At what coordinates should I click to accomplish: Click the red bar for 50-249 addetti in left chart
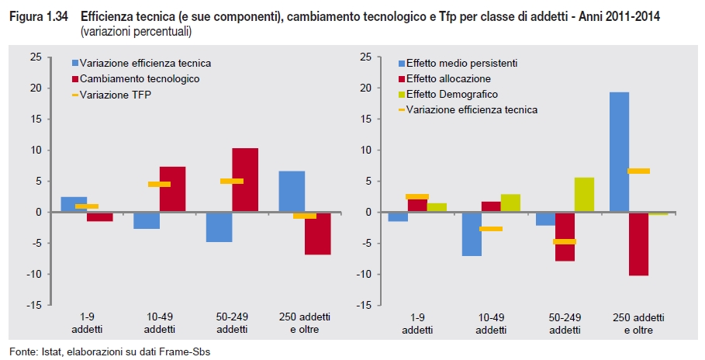(x=245, y=179)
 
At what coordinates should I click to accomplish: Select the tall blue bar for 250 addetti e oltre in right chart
(x=619, y=152)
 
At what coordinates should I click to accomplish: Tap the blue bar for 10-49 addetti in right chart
(x=472, y=234)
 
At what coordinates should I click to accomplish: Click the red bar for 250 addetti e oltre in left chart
(x=318, y=233)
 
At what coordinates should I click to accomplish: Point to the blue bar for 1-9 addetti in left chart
(x=74, y=204)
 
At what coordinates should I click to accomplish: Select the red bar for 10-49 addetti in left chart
(x=172, y=189)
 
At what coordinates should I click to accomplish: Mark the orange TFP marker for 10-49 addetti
(x=159, y=184)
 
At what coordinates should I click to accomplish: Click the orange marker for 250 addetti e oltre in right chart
(x=638, y=171)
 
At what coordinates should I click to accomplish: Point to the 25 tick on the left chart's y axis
(x=34, y=57)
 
